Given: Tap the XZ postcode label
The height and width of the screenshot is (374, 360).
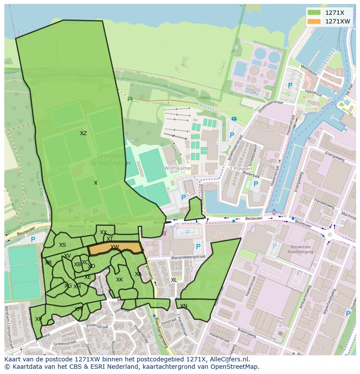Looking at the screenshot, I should pyautogui.click(x=83, y=133).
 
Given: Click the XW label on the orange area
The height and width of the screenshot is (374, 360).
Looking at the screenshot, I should pyautogui.click(x=115, y=247).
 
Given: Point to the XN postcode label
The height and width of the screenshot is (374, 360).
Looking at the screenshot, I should pyautogui.click(x=184, y=306).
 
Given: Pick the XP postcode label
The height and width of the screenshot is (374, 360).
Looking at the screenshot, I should pyautogui.click(x=38, y=319).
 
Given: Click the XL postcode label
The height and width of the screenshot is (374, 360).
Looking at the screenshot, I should pyautogui.click(x=174, y=280).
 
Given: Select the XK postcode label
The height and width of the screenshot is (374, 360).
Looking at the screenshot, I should pyautogui.click(x=120, y=280).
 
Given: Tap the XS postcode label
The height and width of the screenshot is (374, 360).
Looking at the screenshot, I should pyautogui.click(x=63, y=245).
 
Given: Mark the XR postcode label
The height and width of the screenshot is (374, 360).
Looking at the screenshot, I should pyautogui.click(x=48, y=263).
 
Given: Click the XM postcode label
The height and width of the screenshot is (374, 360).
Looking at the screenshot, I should pyautogui.click(x=78, y=309).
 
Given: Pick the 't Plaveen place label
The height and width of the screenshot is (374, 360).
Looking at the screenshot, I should pyautogui.click(x=238, y=168).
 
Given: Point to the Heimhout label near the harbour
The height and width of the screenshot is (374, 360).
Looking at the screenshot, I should pyautogui.click(x=313, y=93).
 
